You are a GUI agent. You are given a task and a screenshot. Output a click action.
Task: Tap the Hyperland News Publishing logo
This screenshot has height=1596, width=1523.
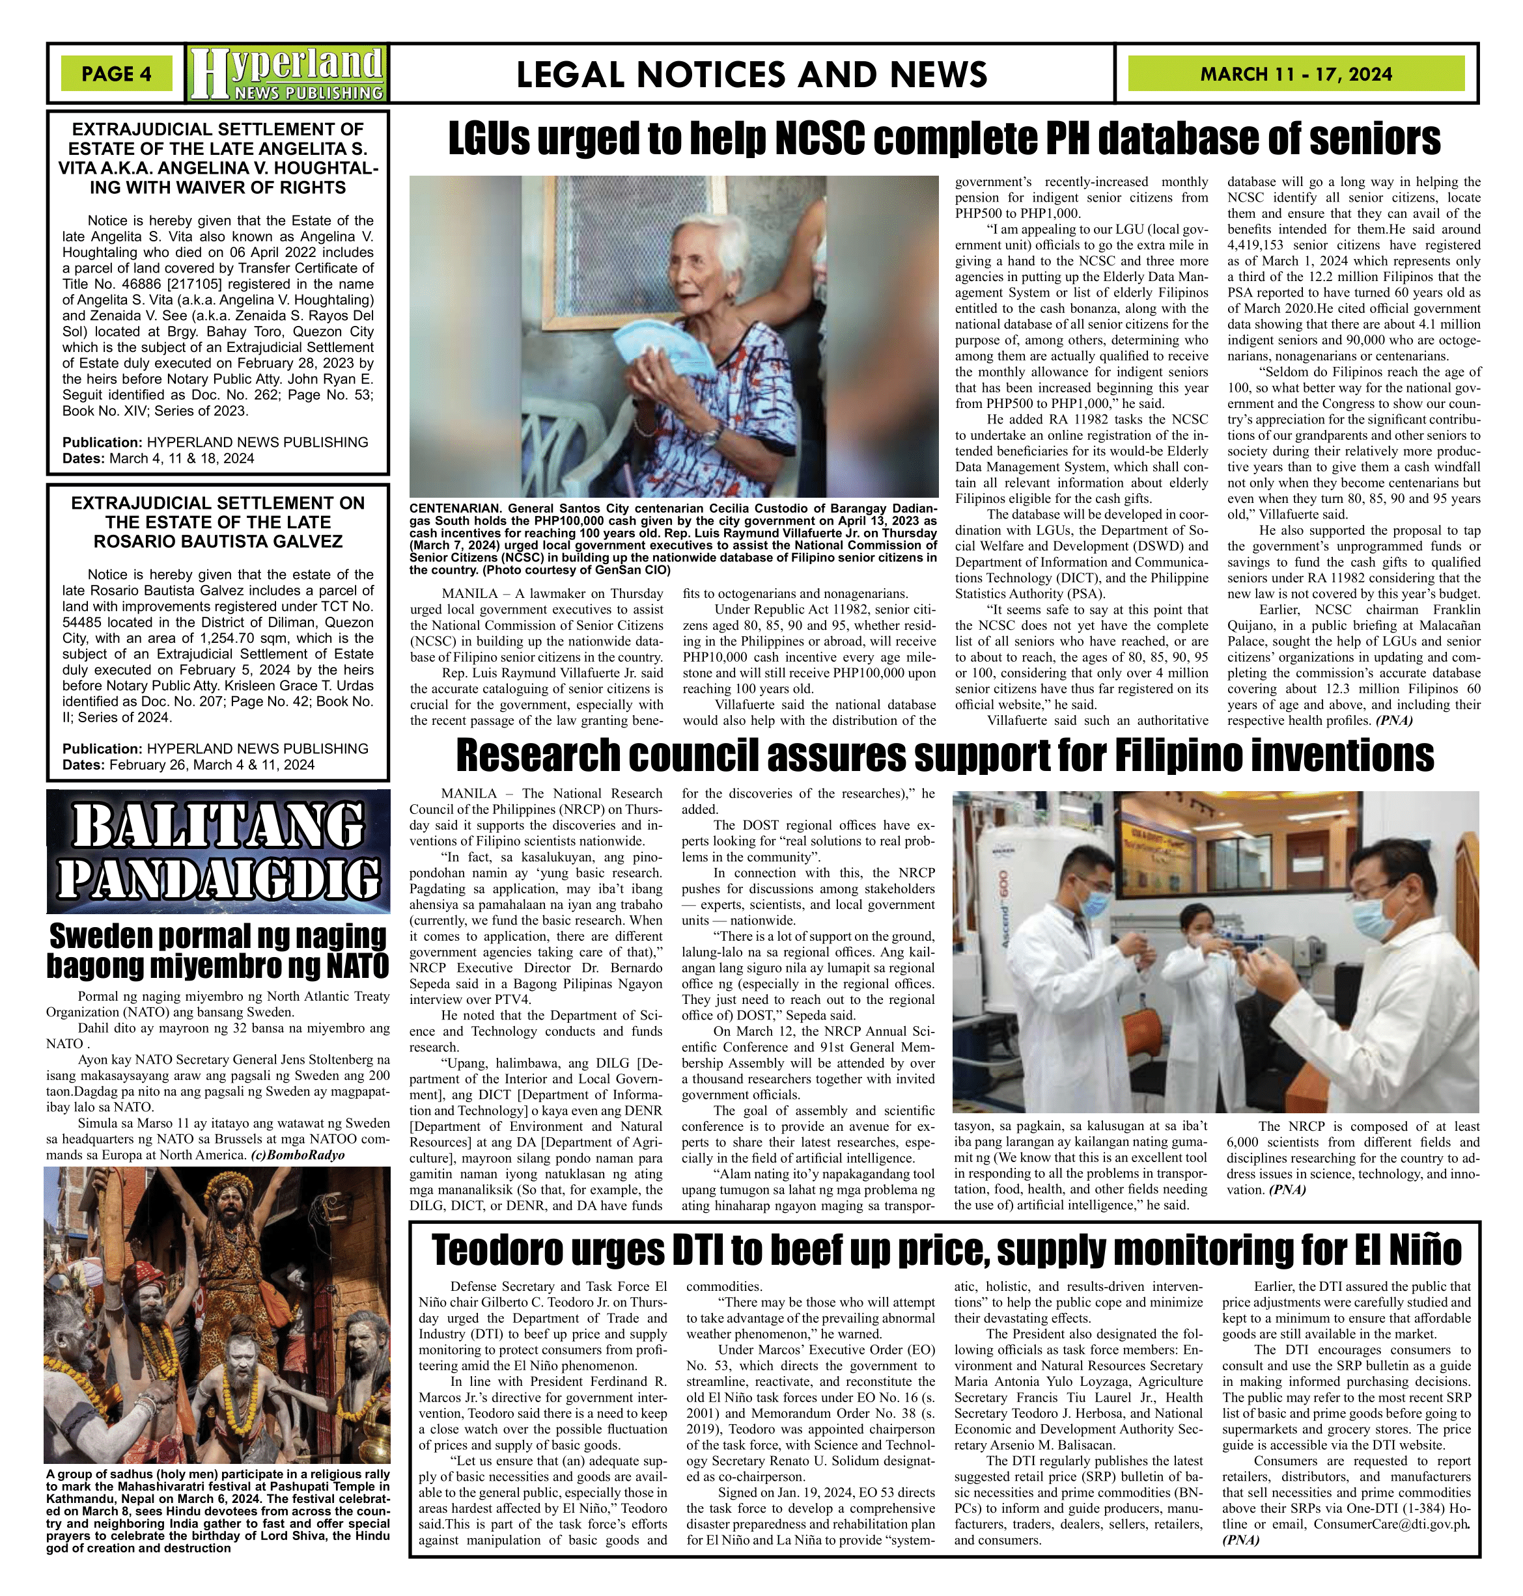tap(286, 74)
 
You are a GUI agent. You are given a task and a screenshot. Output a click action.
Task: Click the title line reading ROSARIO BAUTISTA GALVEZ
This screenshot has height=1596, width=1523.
tap(217, 541)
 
